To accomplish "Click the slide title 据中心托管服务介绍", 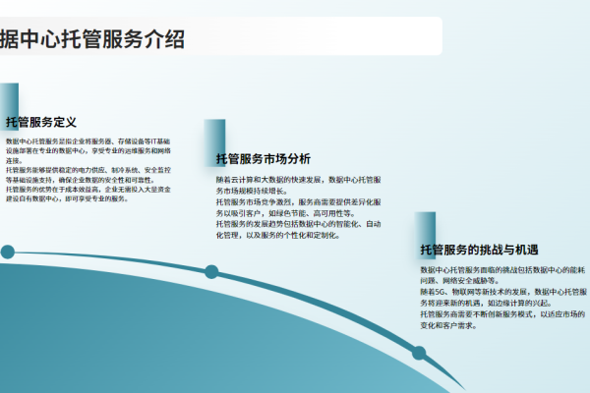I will pos(93,40).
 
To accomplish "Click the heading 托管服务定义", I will pos(41,123).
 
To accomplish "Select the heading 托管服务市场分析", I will pos(263,159).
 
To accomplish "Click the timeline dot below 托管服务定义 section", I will pos(8,253).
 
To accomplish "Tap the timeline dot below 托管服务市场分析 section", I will pos(210,272).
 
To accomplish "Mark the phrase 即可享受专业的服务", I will pos(97,198).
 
